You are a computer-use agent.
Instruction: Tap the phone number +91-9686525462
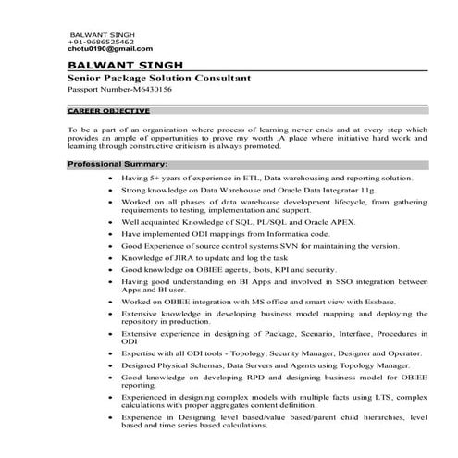point(101,42)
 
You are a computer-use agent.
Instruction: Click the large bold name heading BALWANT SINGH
point(126,67)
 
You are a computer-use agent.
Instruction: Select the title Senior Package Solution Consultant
point(159,80)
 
